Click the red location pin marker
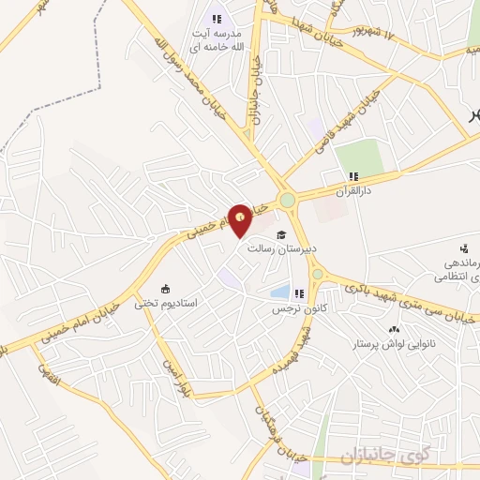(x=241, y=218)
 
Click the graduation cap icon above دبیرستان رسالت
(x=282, y=234)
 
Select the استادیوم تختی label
(x=165, y=303)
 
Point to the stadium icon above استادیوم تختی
(x=166, y=288)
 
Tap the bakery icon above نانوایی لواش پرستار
(x=394, y=329)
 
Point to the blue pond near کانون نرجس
(x=279, y=292)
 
